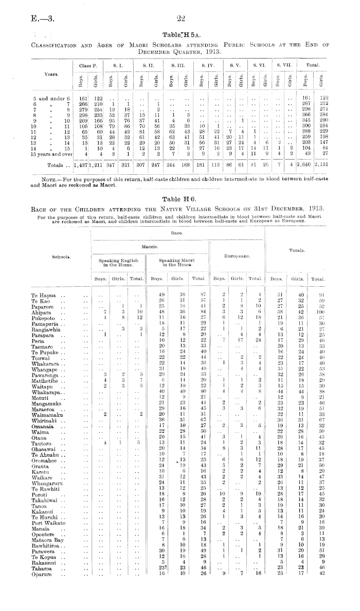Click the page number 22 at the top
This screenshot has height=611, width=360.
(181, 19)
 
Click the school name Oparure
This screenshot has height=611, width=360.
(42, 571)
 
